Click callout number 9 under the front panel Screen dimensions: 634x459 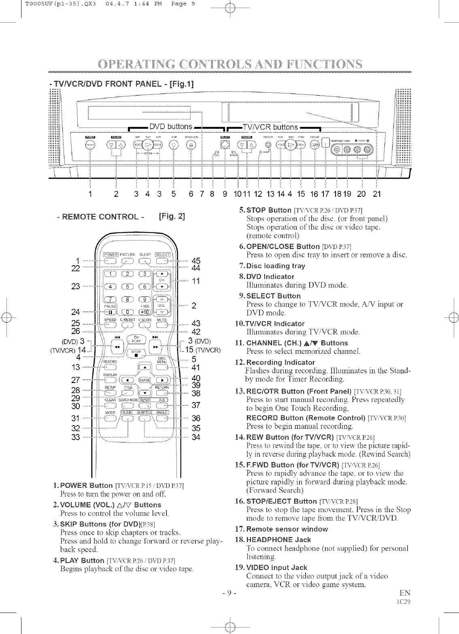[225, 194]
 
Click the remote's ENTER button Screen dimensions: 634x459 [144, 381]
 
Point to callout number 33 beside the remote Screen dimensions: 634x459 [75, 437]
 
